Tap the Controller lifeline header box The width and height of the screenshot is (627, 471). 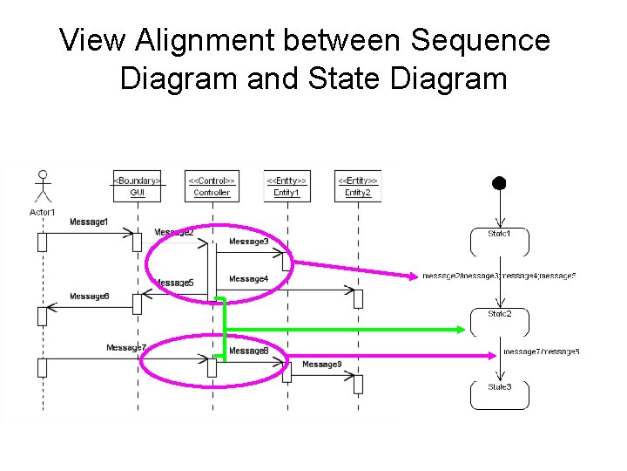coord(212,186)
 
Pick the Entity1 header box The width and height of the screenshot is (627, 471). coord(286,186)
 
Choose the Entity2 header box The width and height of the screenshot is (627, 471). coord(358,186)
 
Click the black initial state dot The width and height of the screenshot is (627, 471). coord(499,183)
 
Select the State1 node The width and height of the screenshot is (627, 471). coord(499,241)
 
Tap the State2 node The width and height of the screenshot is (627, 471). coord(499,321)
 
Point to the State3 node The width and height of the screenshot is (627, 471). coord(499,394)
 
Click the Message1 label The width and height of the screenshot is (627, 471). coord(90,222)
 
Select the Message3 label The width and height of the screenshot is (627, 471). coord(248,241)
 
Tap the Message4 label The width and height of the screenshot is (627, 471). coord(248,279)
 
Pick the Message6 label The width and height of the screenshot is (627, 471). coord(90,297)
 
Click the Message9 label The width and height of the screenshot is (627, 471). coord(321,364)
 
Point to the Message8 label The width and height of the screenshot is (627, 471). coord(248,351)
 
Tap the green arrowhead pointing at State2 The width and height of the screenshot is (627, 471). coord(457,329)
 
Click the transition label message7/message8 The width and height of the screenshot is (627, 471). coord(541,352)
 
